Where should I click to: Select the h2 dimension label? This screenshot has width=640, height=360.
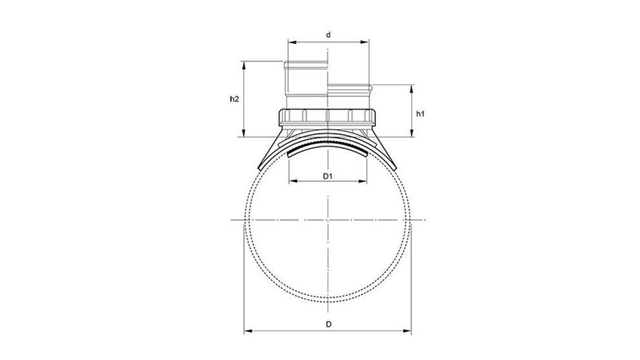coord(235,99)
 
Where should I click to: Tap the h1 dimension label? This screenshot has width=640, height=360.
coord(420,114)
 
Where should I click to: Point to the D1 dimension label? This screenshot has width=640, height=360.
coord(327,174)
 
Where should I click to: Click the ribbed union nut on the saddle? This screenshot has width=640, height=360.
coord(328,117)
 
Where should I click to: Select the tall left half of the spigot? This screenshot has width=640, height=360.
coord(306,84)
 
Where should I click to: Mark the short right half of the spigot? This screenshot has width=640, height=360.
coord(349,95)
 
